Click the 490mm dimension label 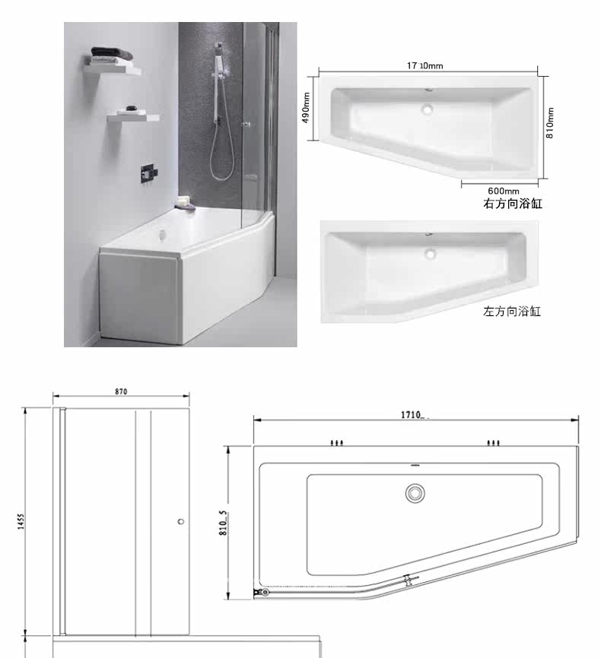pyautogui.click(x=307, y=108)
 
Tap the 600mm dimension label pyautogui.click(x=503, y=191)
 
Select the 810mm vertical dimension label pyautogui.click(x=550, y=122)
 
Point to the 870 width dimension pyautogui.click(x=121, y=391)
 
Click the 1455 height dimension pyautogui.click(x=21, y=521)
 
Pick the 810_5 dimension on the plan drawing pyautogui.click(x=223, y=523)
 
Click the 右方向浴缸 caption pyautogui.click(x=512, y=204)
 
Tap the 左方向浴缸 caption pyautogui.click(x=512, y=312)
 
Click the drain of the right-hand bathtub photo pyautogui.click(x=428, y=109)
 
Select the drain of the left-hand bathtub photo pyautogui.click(x=430, y=254)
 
